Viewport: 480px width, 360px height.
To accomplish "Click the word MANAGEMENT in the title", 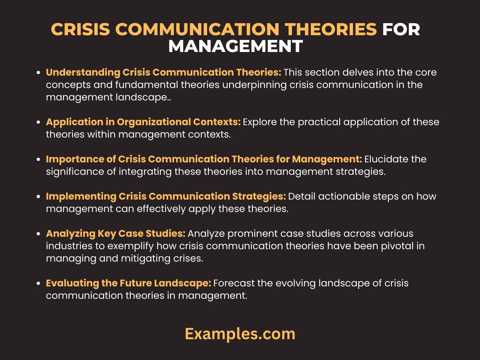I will (235, 46).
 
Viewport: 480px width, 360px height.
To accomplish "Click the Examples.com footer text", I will (240, 334).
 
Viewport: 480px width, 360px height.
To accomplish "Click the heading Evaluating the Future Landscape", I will (128, 283).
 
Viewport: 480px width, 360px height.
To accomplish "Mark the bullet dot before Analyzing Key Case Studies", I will (38, 234).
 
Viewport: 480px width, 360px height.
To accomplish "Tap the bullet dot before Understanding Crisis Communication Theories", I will (38, 73).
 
